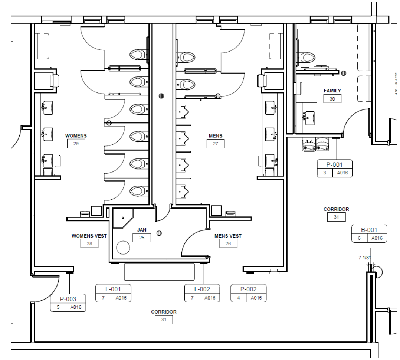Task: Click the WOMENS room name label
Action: (76, 136)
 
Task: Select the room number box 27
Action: (216, 144)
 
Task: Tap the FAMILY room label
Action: (332, 91)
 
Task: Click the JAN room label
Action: (142, 230)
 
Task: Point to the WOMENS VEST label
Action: (89, 236)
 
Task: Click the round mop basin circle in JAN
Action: (123, 248)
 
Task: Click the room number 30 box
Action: (332, 99)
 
